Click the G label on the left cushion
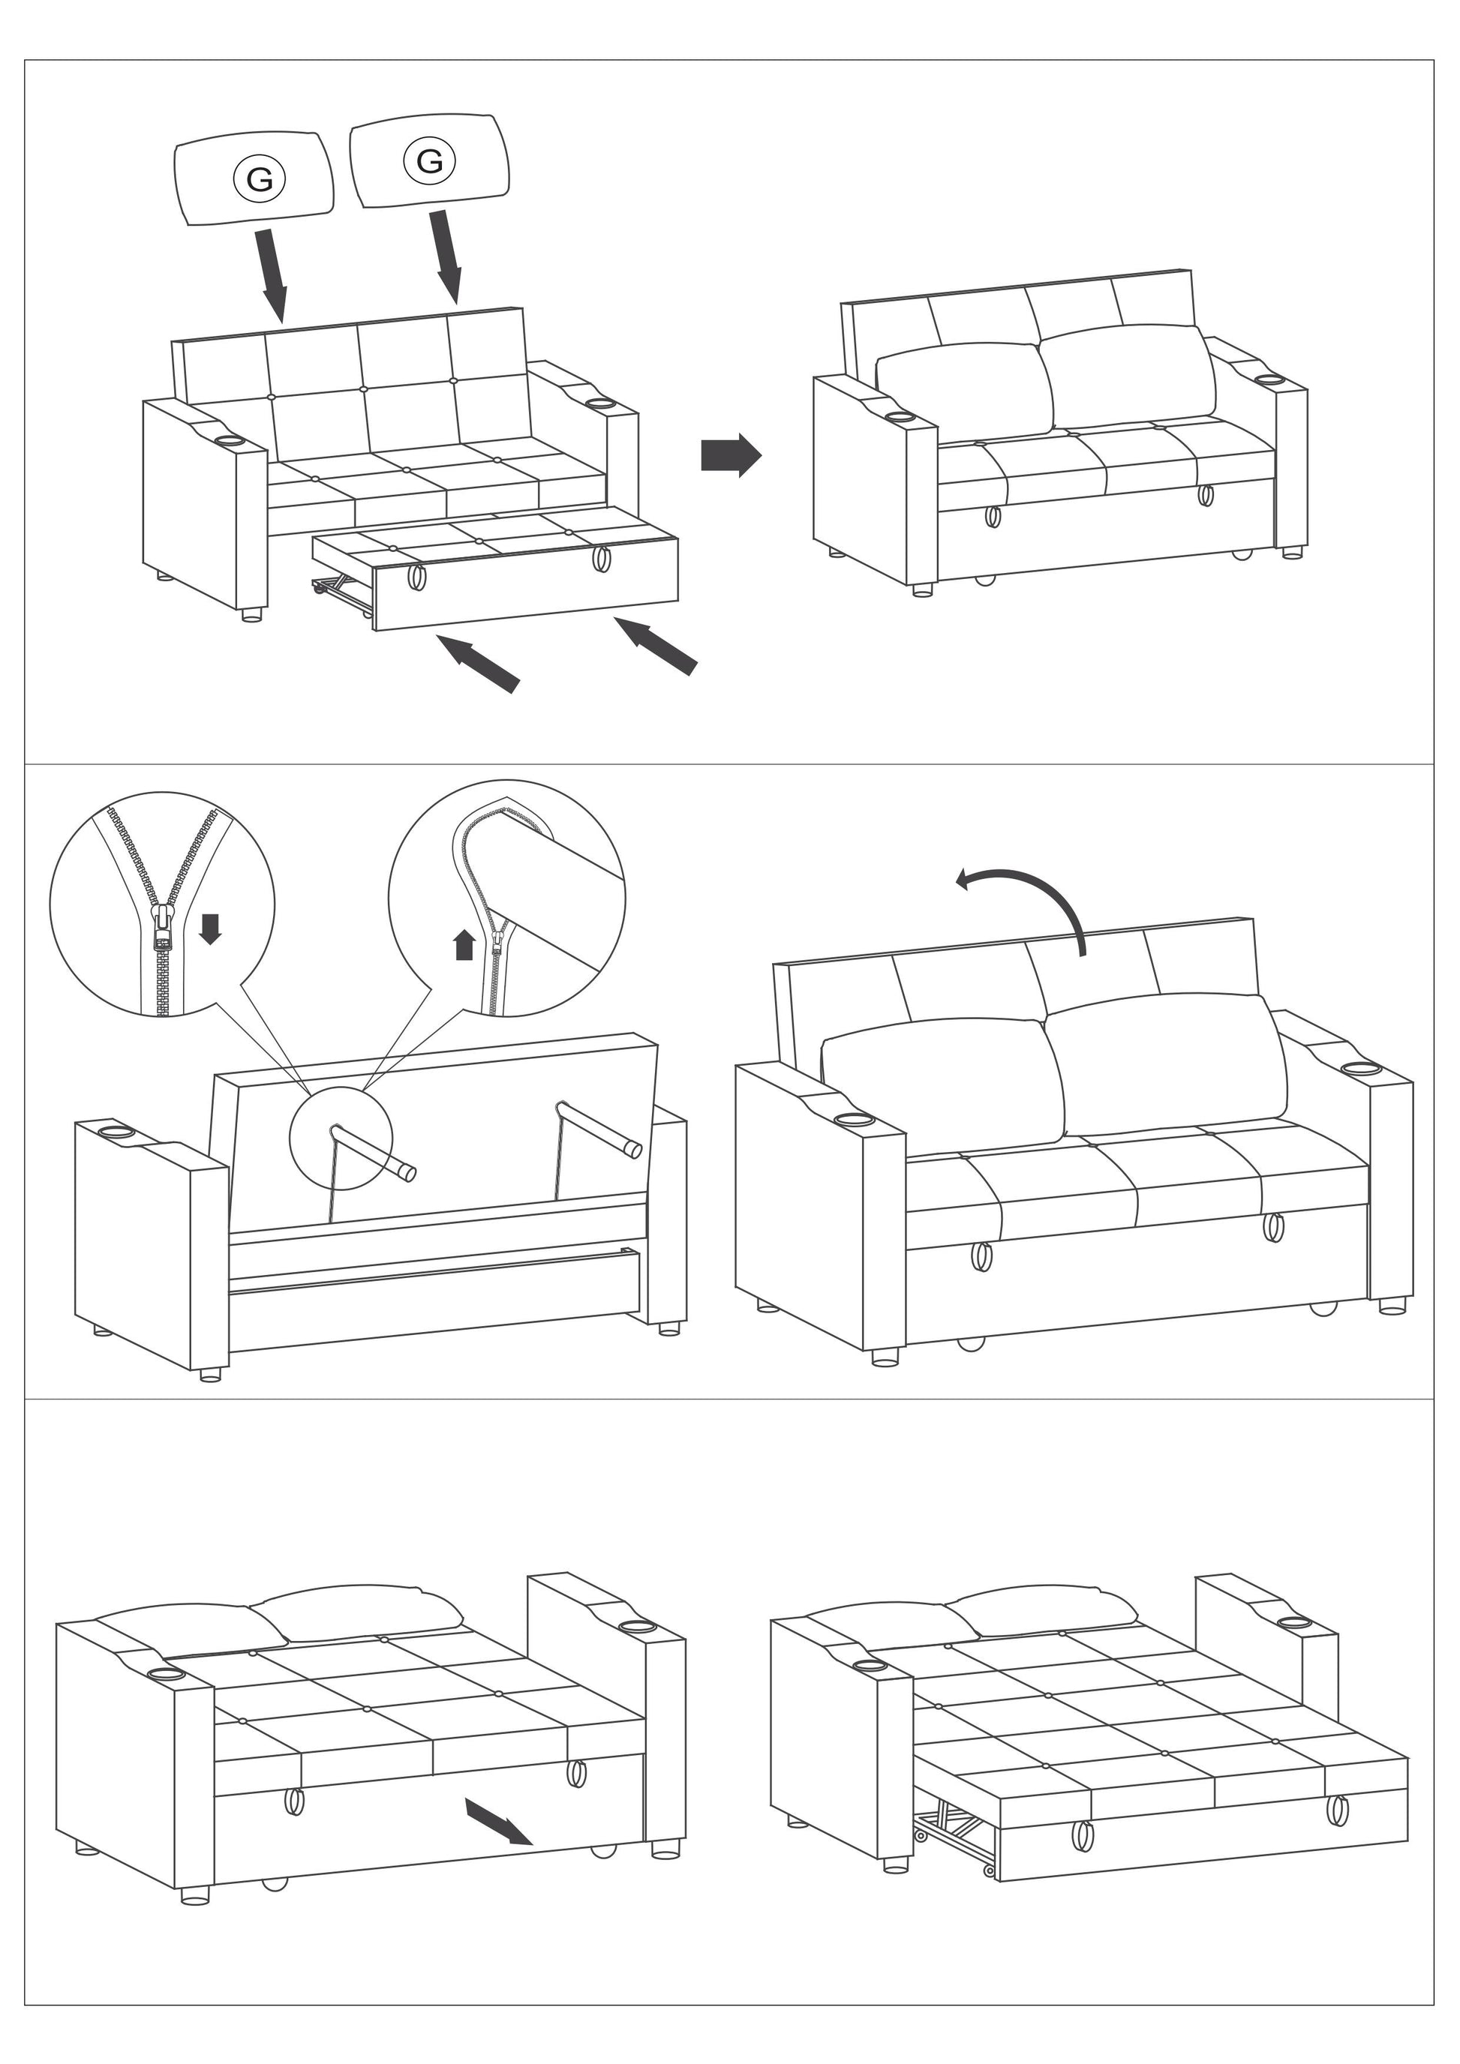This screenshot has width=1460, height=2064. pyautogui.click(x=259, y=179)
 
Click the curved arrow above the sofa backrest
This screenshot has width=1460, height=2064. pyautogui.click(x=1025, y=899)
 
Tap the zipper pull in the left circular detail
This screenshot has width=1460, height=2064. pyautogui.click(x=162, y=926)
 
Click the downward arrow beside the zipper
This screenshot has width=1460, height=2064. pyautogui.click(x=209, y=928)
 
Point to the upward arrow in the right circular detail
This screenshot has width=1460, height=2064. pyautogui.click(x=464, y=945)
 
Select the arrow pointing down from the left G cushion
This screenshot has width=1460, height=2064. pyautogui.click(x=272, y=274)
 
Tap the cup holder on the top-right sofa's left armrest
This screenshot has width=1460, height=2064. pyautogui.click(x=900, y=418)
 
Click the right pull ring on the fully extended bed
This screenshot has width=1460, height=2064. pyautogui.click(x=1337, y=1810)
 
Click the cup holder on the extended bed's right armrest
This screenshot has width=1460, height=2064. pyautogui.click(x=1293, y=1624)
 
